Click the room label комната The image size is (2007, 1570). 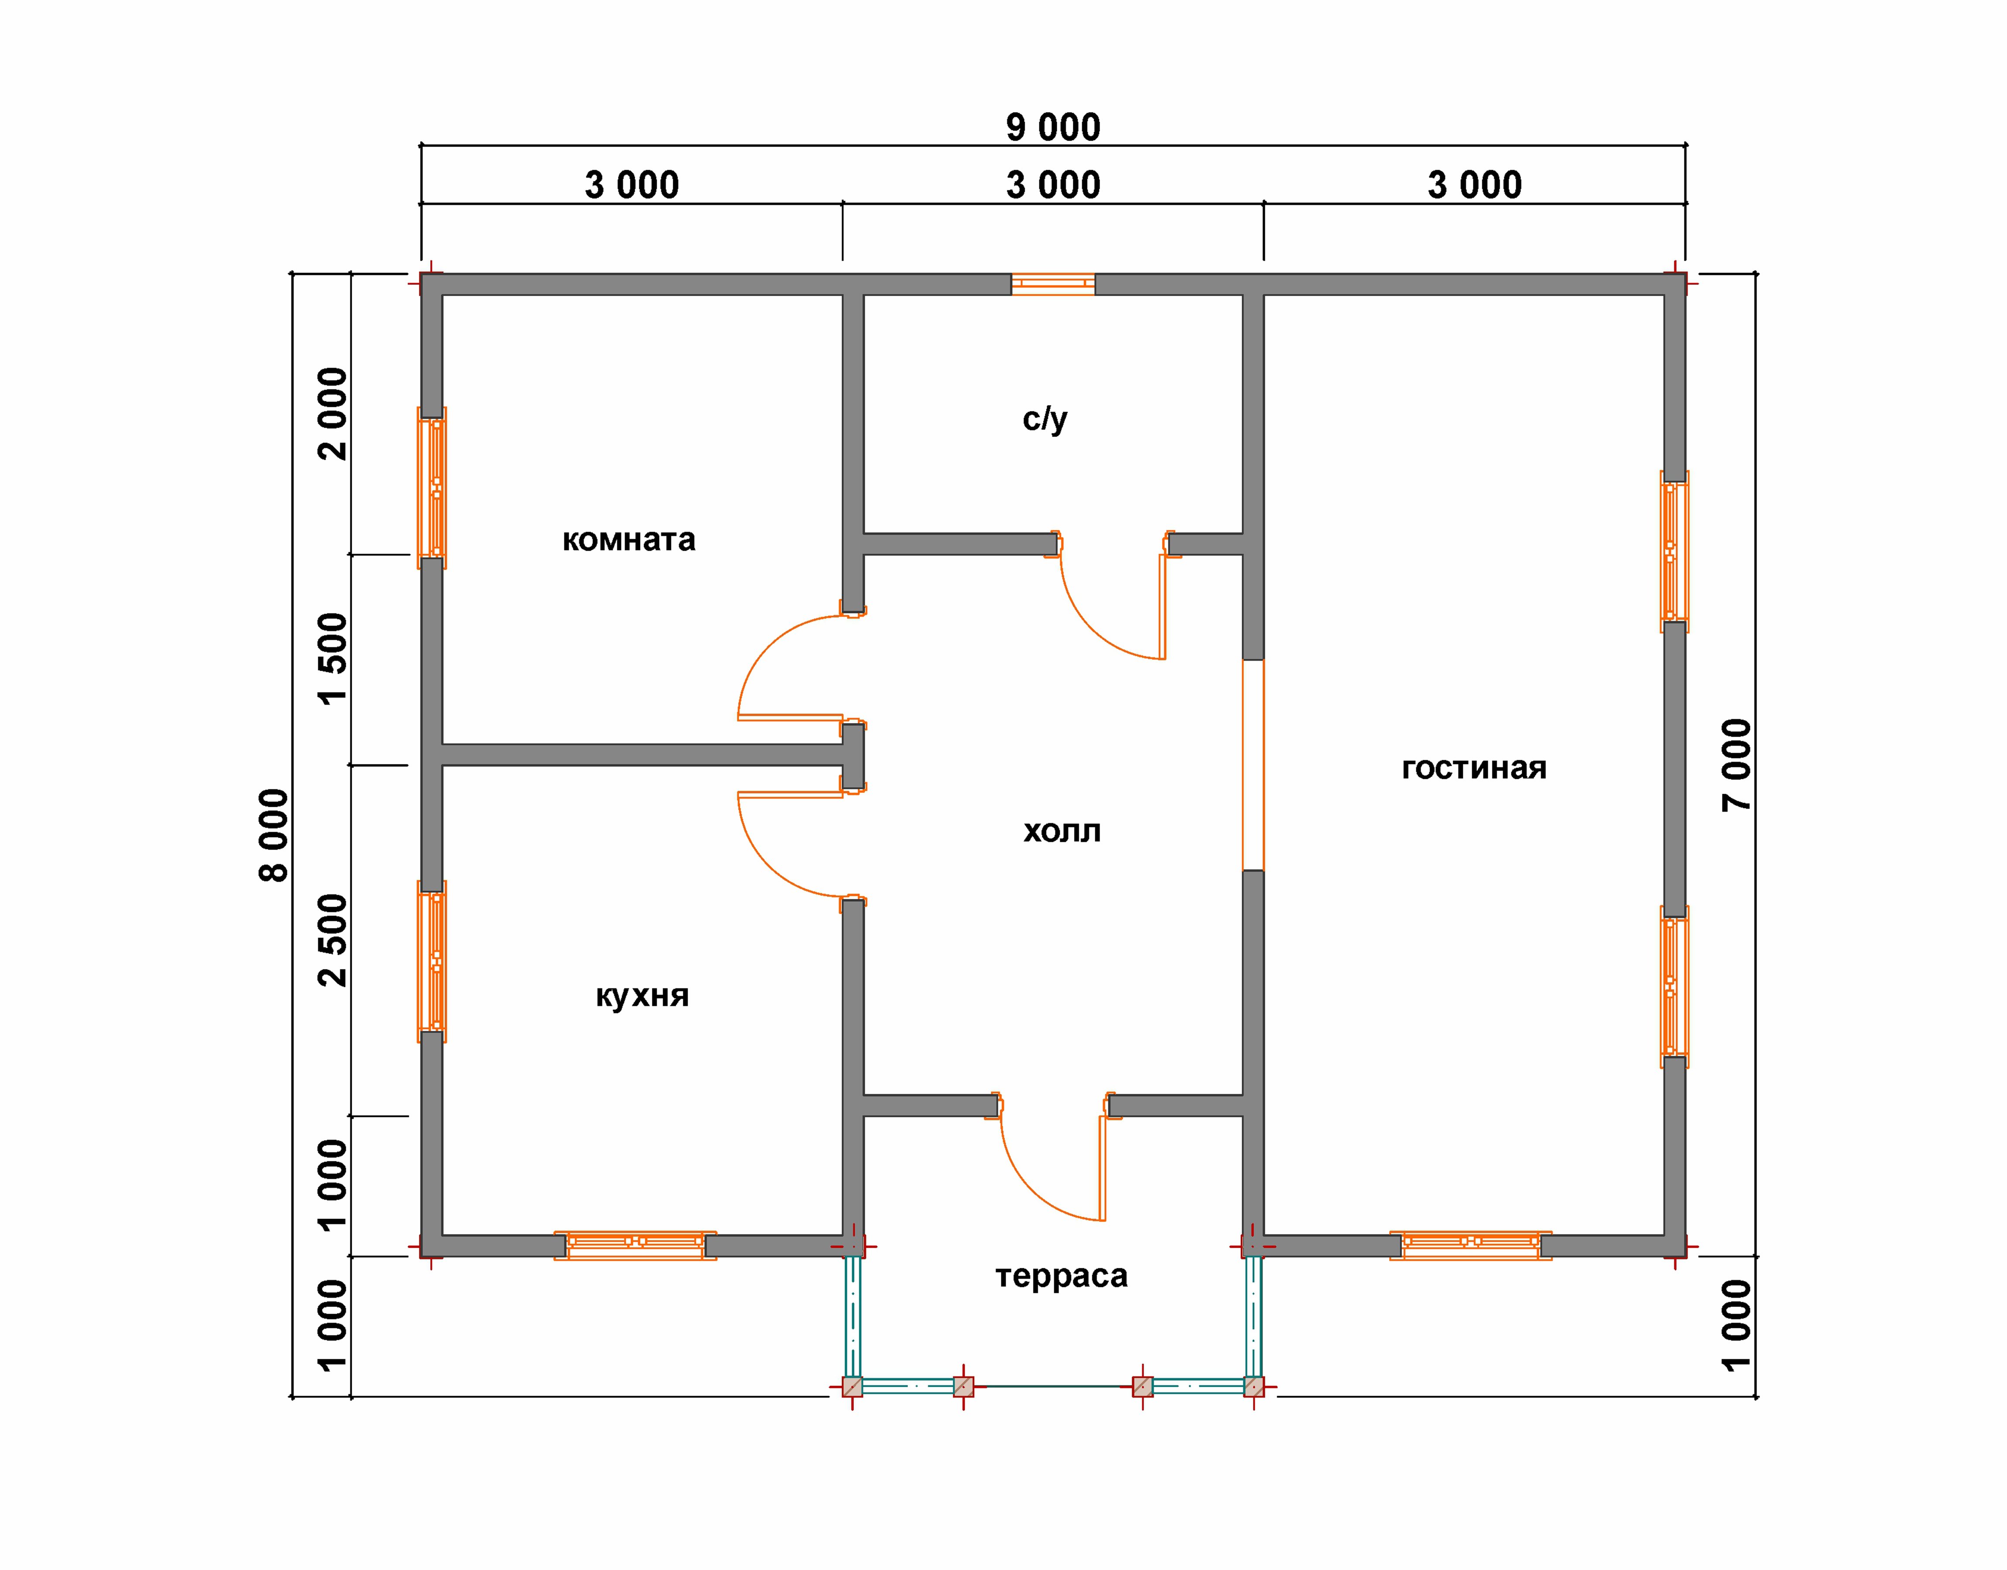point(629,539)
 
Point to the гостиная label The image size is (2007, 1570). point(1474,768)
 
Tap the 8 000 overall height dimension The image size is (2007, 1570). point(274,835)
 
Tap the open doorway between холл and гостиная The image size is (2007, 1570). point(1253,765)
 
